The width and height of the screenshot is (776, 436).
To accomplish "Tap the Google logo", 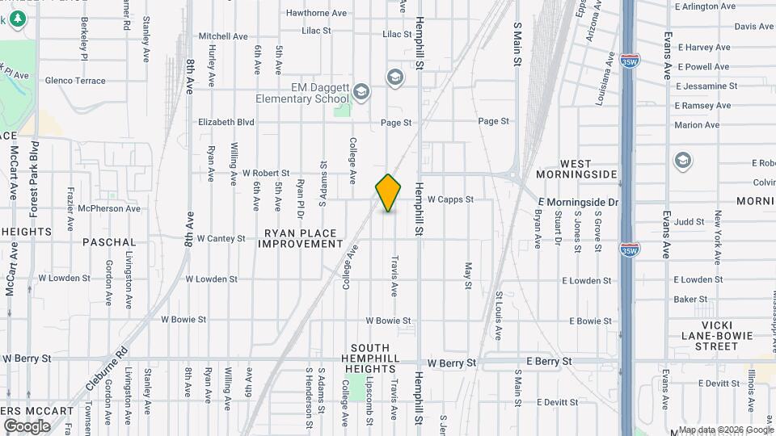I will click(x=27, y=426).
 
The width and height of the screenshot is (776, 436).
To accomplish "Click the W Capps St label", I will click(x=449, y=199).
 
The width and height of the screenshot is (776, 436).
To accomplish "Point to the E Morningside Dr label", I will click(x=580, y=201).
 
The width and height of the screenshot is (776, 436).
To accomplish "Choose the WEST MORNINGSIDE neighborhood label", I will click(x=576, y=169).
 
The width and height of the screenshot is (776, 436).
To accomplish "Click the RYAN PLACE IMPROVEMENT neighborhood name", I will click(x=300, y=237).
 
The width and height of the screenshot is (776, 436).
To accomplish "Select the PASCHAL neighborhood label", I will click(x=109, y=241).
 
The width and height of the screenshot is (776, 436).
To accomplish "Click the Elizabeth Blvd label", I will click(x=226, y=122).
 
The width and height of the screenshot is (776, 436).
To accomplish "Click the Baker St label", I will click(x=690, y=299).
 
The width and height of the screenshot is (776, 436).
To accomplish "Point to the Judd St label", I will click(x=690, y=220).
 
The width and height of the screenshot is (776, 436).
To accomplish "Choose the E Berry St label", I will click(x=549, y=361).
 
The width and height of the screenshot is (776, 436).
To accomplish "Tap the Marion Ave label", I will click(x=697, y=125).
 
